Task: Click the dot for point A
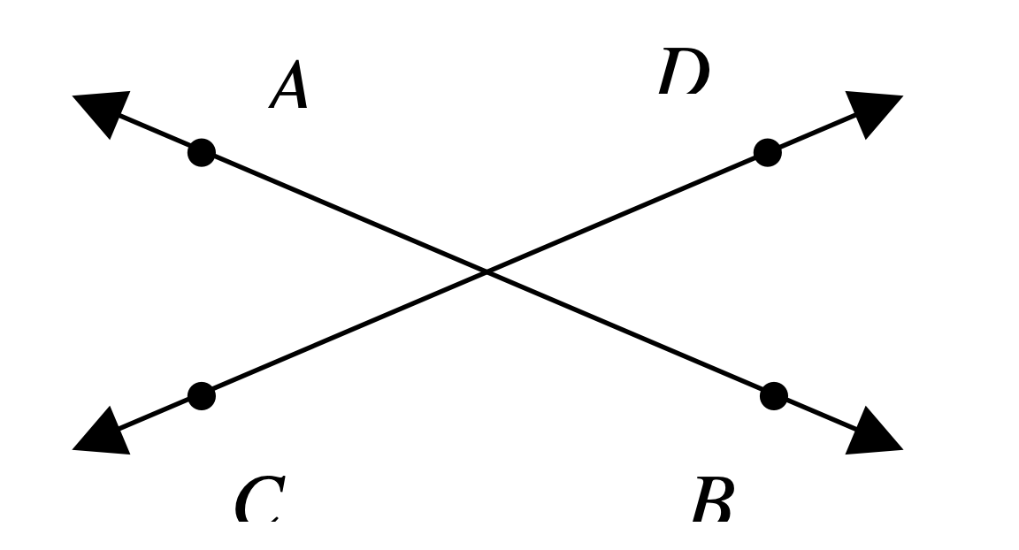click(x=202, y=152)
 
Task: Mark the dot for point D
click(x=768, y=152)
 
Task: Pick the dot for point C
click(x=202, y=396)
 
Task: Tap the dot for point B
click(x=774, y=395)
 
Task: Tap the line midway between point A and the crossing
click(x=344, y=212)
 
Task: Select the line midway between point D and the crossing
click(x=627, y=212)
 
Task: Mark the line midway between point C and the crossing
click(x=344, y=334)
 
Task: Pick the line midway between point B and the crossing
click(x=630, y=333)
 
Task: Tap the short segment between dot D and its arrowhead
click(x=812, y=134)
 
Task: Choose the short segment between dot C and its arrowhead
click(x=157, y=414)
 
